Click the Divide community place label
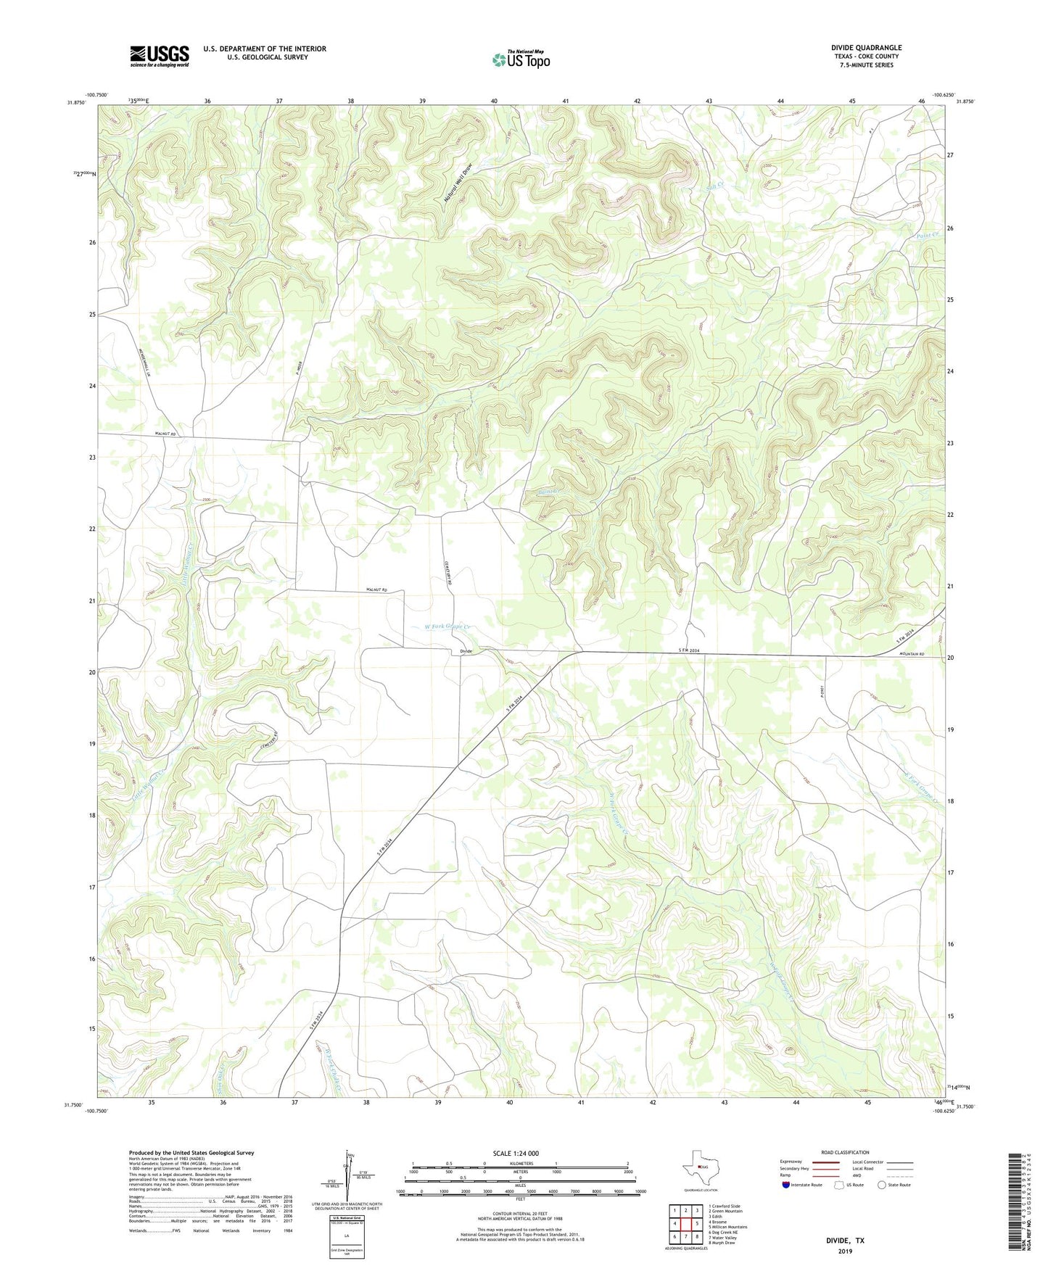[x=466, y=651]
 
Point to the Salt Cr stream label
[x=717, y=187]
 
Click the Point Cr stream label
[x=927, y=235]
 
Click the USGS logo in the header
[x=160, y=56]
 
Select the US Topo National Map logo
[x=520, y=59]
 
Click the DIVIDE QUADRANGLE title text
[x=866, y=48]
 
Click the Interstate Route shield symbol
[x=786, y=1185]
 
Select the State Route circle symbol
[x=881, y=1185]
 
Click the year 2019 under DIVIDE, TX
[x=845, y=1251]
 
